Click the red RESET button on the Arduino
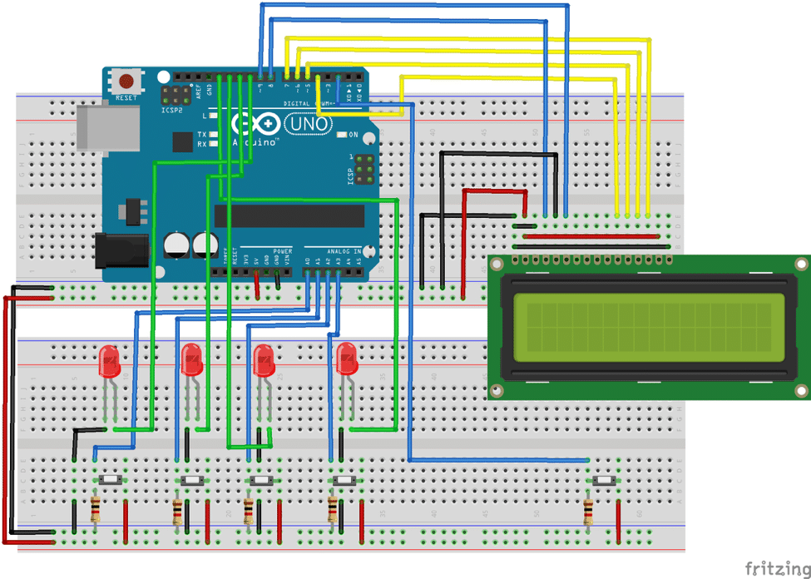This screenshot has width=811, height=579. tap(126, 82)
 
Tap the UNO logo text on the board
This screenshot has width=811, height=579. tap(309, 125)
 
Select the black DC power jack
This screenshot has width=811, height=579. tap(121, 250)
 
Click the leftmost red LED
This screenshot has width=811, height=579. tap(109, 361)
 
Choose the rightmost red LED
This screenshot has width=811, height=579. tap(346, 359)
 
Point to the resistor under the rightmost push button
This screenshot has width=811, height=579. tap(590, 508)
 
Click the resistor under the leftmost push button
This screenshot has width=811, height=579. tap(96, 507)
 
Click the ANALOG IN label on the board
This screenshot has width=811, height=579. tap(344, 250)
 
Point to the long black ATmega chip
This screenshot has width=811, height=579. tap(289, 215)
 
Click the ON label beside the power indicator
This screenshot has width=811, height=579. tap(354, 134)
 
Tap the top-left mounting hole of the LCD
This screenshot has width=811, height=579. tap(497, 265)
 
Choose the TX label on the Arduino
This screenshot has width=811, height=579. tap(201, 134)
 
